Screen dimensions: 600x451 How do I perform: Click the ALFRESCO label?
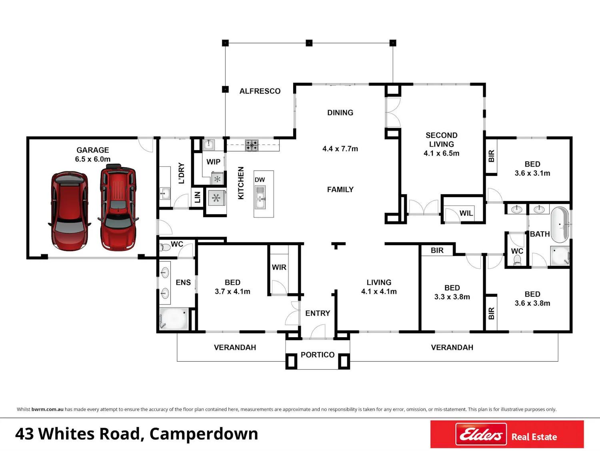(x=260, y=91)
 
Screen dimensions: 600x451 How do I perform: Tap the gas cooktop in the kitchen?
(x=252, y=145)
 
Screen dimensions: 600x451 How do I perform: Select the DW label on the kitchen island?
(x=260, y=180)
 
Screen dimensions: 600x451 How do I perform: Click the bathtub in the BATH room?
(x=560, y=225)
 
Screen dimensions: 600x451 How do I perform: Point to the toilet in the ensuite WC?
(x=164, y=247)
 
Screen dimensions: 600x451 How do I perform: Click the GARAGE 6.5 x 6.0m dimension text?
(x=93, y=159)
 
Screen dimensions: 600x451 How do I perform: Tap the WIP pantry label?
(x=213, y=162)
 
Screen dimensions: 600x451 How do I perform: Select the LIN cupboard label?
(x=198, y=197)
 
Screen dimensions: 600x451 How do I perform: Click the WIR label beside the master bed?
(x=279, y=268)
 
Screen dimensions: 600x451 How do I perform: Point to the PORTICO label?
(x=318, y=354)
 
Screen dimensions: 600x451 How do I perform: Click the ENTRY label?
(x=318, y=313)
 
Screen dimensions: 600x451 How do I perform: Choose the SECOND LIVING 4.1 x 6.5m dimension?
(x=442, y=153)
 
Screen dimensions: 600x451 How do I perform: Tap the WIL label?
(x=466, y=213)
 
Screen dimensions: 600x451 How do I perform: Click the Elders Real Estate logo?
(x=507, y=434)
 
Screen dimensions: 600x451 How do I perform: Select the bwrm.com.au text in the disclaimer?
(x=47, y=409)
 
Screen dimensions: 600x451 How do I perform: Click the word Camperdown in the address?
(x=204, y=434)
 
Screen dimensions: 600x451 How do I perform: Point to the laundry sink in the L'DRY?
(x=164, y=193)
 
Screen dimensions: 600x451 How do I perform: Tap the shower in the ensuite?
(x=174, y=318)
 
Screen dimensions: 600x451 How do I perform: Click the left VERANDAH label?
(x=235, y=347)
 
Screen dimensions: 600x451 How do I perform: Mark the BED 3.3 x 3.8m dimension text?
(x=452, y=297)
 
